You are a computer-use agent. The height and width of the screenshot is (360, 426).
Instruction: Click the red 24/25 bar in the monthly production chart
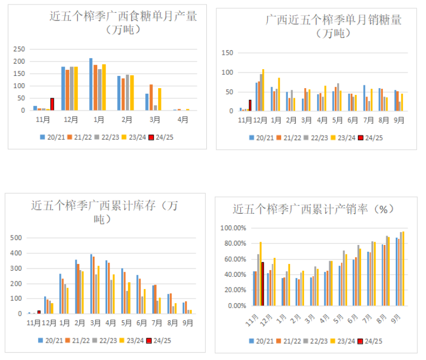(x=52, y=104)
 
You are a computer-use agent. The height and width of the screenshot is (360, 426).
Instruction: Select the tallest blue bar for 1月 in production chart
(x=91, y=84)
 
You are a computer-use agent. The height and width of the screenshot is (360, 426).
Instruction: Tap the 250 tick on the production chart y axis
(x=20, y=50)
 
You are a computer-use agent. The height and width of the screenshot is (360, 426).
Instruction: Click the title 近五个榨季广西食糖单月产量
(x=124, y=17)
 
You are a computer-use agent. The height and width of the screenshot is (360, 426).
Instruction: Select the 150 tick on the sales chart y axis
(x=228, y=53)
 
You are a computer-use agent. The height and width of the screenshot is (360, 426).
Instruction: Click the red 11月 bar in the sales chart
(x=250, y=105)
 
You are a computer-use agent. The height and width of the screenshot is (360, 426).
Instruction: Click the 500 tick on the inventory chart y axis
(x=17, y=238)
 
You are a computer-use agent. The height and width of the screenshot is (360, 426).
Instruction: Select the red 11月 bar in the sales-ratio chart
(x=262, y=284)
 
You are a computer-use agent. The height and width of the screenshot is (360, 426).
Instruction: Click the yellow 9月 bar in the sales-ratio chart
(x=403, y=268)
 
